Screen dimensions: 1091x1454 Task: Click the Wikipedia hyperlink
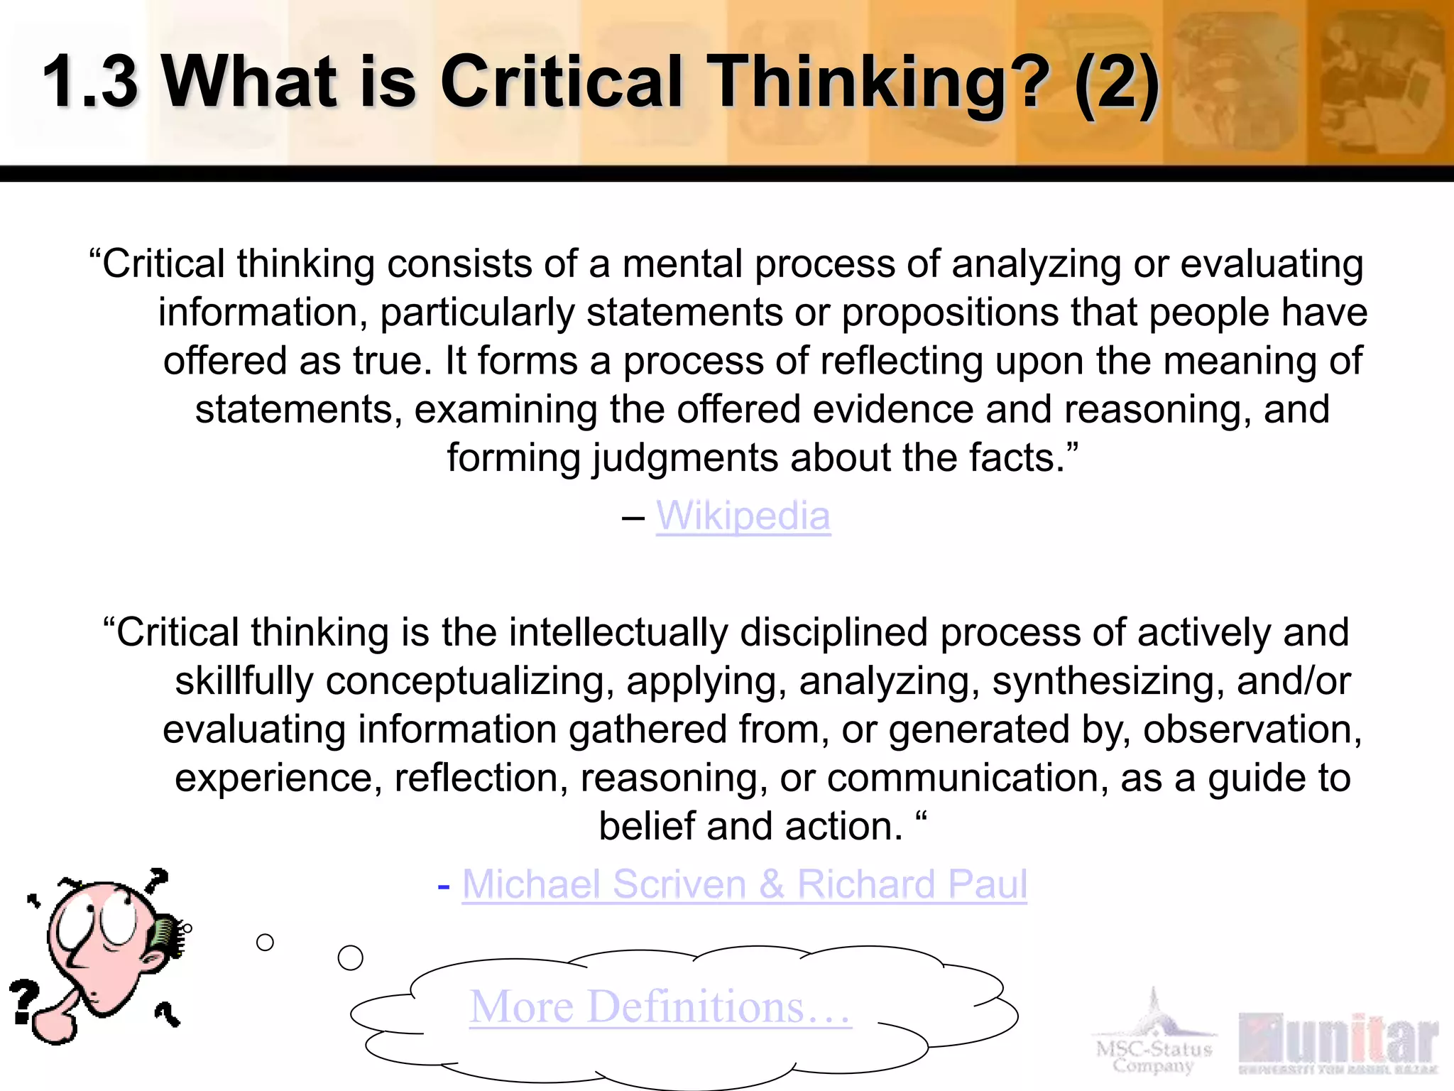click(743, 516)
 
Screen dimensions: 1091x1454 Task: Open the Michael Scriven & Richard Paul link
click(744, 884)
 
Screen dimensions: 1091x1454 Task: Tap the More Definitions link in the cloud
click(660, 1006)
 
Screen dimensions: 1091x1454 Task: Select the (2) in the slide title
click(1117, 84)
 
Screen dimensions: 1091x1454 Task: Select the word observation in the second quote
click(1252, 730)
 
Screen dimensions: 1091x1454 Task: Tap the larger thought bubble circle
click(350, 957)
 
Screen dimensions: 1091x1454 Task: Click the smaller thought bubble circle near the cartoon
click(265, 943)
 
